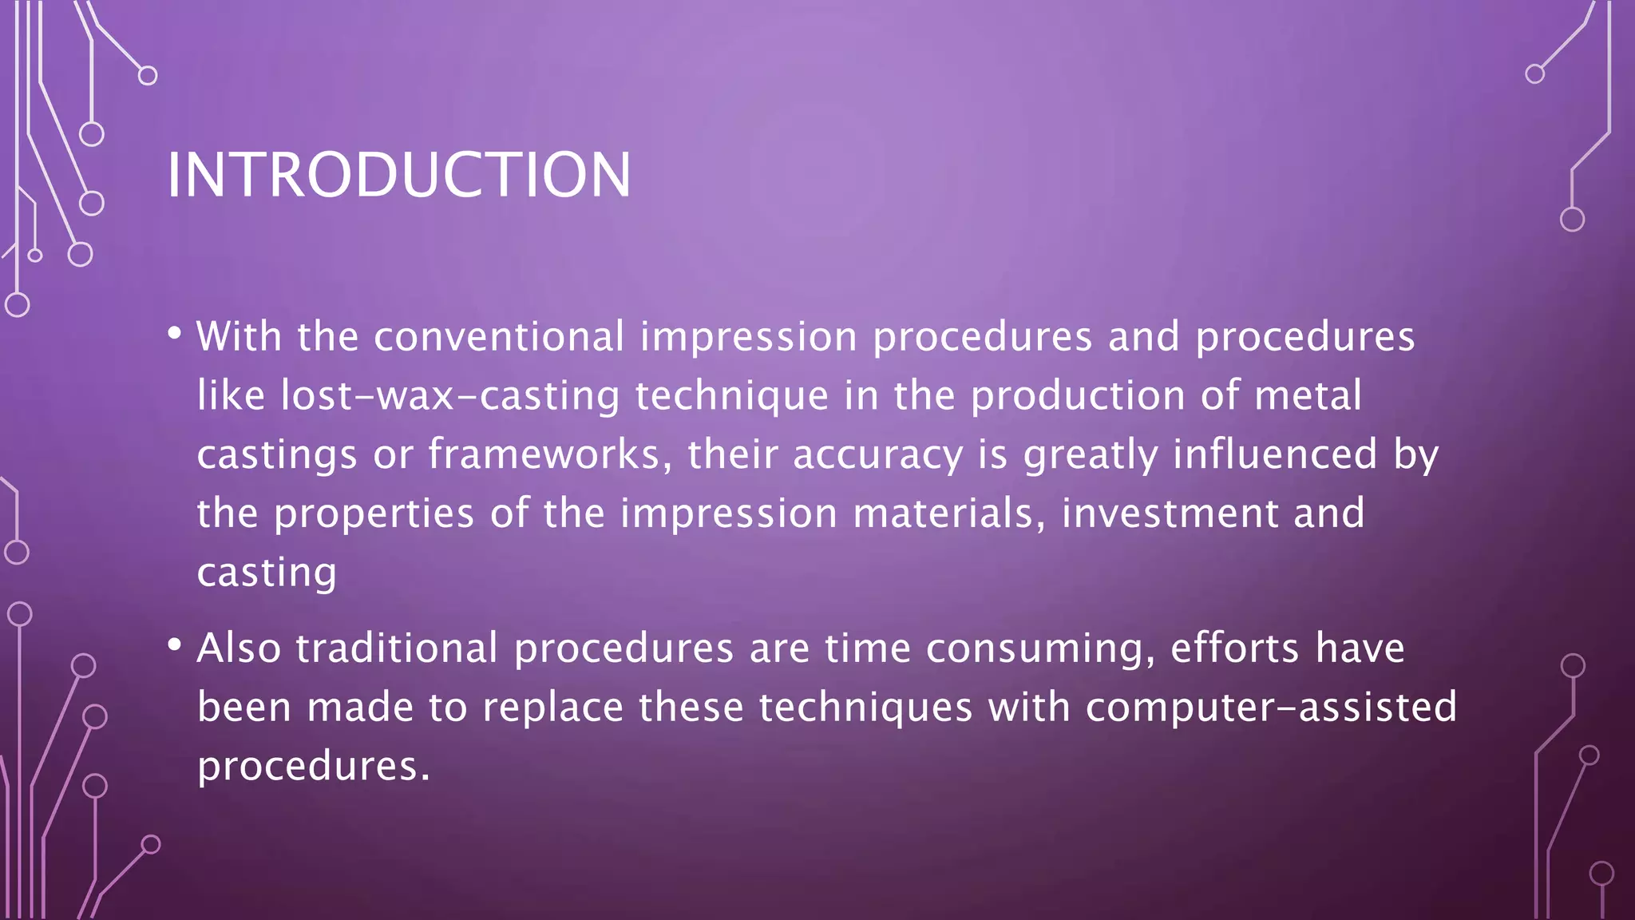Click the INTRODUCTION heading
point(398,175)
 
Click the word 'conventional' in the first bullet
point(499,336)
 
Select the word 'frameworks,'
point(550,454)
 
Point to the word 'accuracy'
point(878,454)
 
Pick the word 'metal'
point(1308,395)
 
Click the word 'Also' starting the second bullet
point(239,648)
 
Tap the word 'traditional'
point(397,648)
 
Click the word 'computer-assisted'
point(1271,707)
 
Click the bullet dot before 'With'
point(175,333)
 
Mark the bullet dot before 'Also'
point(175,644)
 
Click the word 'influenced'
point(1275,454)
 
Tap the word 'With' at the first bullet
point(239,336)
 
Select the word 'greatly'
point(1091,454)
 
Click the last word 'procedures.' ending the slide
point(314,766)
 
